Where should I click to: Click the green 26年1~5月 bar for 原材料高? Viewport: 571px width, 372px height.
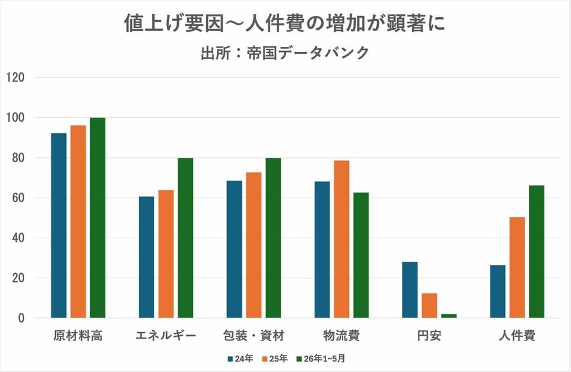click(x=98, y=217)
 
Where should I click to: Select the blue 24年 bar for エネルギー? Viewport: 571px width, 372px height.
click(x=147, y=257)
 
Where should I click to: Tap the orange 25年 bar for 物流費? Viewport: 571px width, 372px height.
click(x=341, y=239)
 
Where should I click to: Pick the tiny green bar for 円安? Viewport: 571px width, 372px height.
click(x=449, y=316)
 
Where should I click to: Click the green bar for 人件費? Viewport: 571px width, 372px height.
click(x=537, y=252)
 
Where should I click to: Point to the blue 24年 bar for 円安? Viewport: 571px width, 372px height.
click(x=410, y=290)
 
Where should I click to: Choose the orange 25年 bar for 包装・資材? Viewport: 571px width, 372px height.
click(x=254, y=245)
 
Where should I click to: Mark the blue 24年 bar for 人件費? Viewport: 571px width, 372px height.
click(x=498, y=292)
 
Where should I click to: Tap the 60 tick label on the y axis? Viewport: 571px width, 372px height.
click(x=18, y=198)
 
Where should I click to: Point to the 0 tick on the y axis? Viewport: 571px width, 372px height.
click(x=21, y=318)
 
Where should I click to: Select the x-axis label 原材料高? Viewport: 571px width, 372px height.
click(x=78, y=336)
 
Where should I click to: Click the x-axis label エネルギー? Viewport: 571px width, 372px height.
click(x=166, y=336)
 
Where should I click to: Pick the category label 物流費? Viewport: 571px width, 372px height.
click(x=341, y=336)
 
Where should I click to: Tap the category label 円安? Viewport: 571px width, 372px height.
click(x=430, y=336)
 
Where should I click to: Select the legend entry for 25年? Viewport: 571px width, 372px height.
click(x=273, y=359)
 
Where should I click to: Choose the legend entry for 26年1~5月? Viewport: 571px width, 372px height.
click(x=320, y=359)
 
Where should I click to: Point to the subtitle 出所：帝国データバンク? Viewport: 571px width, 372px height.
click(x=285, y=53)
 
